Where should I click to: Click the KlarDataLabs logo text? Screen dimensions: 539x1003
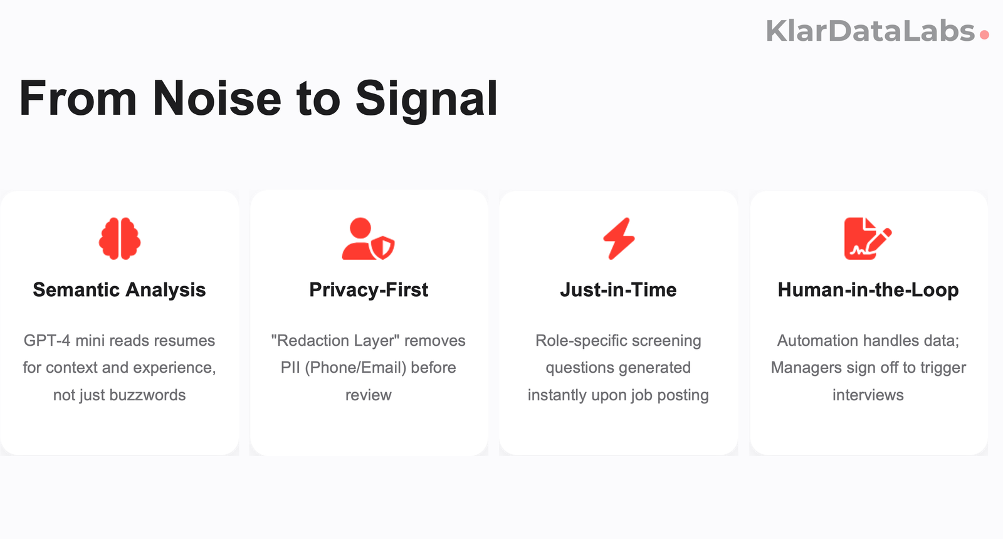870,31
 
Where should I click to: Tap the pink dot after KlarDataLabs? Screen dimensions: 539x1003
984,35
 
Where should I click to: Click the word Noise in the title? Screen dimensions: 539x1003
217,99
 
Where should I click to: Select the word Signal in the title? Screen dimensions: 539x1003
426,99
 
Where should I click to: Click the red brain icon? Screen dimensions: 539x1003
120,238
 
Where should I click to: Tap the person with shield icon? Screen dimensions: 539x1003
368,239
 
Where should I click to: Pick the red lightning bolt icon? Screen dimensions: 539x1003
619,238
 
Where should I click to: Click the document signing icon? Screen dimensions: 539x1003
868,238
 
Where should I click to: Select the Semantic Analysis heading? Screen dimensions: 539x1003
119,290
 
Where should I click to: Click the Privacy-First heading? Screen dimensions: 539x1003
369,290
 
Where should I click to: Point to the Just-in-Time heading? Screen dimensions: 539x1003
618,290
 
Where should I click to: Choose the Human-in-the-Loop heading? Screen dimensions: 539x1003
868,290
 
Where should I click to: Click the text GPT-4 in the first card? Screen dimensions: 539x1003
47,341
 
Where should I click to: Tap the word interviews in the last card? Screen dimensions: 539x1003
868,395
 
